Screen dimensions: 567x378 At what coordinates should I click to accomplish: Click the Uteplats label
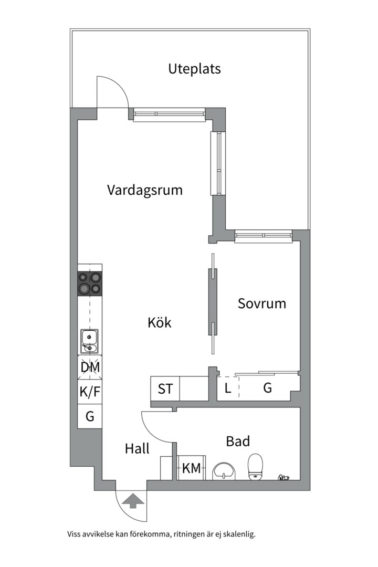click(194, 69)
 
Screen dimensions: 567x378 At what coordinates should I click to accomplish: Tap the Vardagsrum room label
click(145, 190)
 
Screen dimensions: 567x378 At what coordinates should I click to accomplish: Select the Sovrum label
click(262, 303)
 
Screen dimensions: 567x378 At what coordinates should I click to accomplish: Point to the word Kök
click(160, 322)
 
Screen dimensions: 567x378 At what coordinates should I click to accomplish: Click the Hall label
click(137, 449)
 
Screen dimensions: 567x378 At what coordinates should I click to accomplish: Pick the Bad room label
click(238, 442)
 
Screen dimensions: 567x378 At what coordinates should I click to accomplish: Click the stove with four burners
click(90, 283)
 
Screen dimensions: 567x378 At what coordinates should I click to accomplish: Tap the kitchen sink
click(90, 341)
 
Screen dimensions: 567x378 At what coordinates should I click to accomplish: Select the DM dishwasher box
click(90, 367)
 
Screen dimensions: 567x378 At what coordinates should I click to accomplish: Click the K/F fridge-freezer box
click(90, 392)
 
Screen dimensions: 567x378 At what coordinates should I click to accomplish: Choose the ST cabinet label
click(165, 389)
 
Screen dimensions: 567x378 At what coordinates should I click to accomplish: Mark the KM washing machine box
click(191, 468)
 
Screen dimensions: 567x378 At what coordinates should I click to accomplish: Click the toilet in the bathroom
click(256, 467)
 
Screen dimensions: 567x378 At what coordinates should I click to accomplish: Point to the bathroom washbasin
click(226, 471)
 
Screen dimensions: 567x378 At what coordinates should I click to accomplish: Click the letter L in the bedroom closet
click(227, 388)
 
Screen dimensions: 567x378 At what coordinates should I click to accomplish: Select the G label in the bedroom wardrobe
click(267, 388)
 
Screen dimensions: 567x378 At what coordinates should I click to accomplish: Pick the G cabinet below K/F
click(90, 416)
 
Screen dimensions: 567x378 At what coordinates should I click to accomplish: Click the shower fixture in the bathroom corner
click(283, 477)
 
